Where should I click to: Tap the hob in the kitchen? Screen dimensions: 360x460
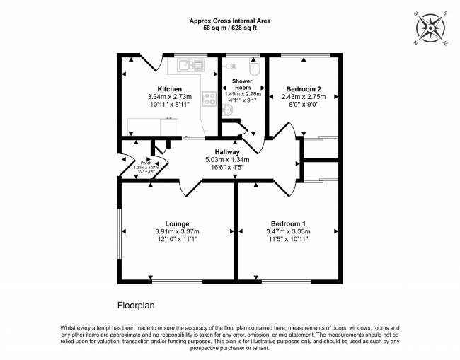tap(209, 99)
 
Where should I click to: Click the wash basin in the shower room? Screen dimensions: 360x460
tap(228, 110)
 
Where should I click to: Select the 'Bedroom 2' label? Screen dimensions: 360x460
tap(303, 89)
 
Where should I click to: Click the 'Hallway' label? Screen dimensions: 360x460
tap(227, 152)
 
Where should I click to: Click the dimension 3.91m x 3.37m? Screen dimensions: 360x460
tap(177, 232)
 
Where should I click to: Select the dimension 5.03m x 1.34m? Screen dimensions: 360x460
tap(227, 160)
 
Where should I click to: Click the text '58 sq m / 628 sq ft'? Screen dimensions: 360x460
tap(229, 28)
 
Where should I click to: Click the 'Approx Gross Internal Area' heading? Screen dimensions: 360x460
tap(229, 21)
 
